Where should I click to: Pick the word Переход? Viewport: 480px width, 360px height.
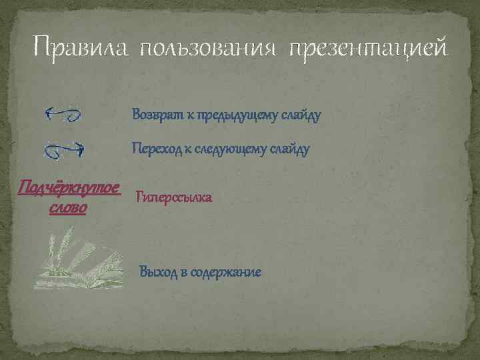coord(156,148)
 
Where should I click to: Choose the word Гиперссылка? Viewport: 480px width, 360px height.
coord(174,197)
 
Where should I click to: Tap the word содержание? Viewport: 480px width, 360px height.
coord(226,272)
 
